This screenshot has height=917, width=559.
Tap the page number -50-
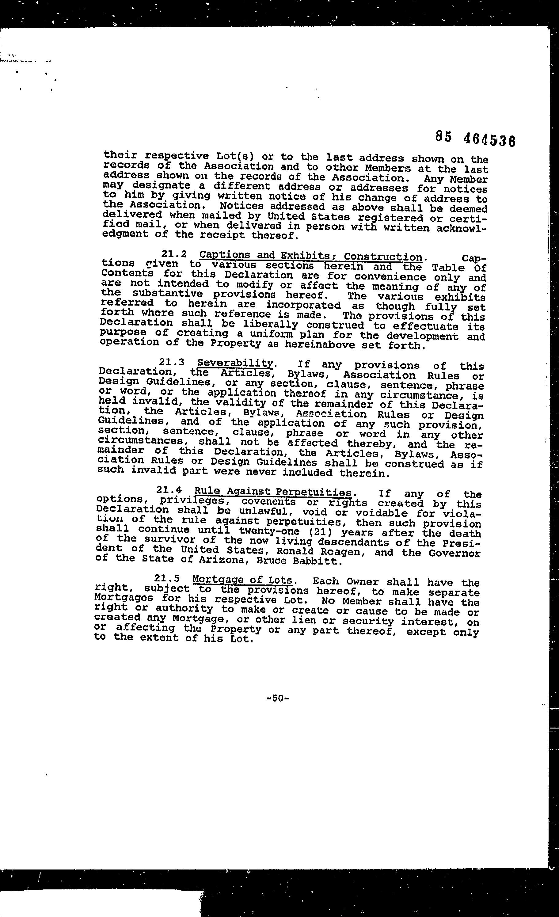(x=278, y=698)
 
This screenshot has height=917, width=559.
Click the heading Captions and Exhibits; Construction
(x=311, y=256)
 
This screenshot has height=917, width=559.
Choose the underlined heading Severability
(x=235, y=363)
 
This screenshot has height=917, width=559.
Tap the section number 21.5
(x=167, y=578)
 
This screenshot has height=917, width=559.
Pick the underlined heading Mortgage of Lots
(x=242, y=580)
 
